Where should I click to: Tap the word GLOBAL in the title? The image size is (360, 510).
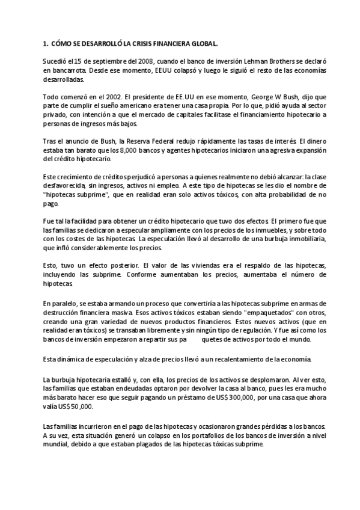203,44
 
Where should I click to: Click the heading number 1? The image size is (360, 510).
45,44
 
